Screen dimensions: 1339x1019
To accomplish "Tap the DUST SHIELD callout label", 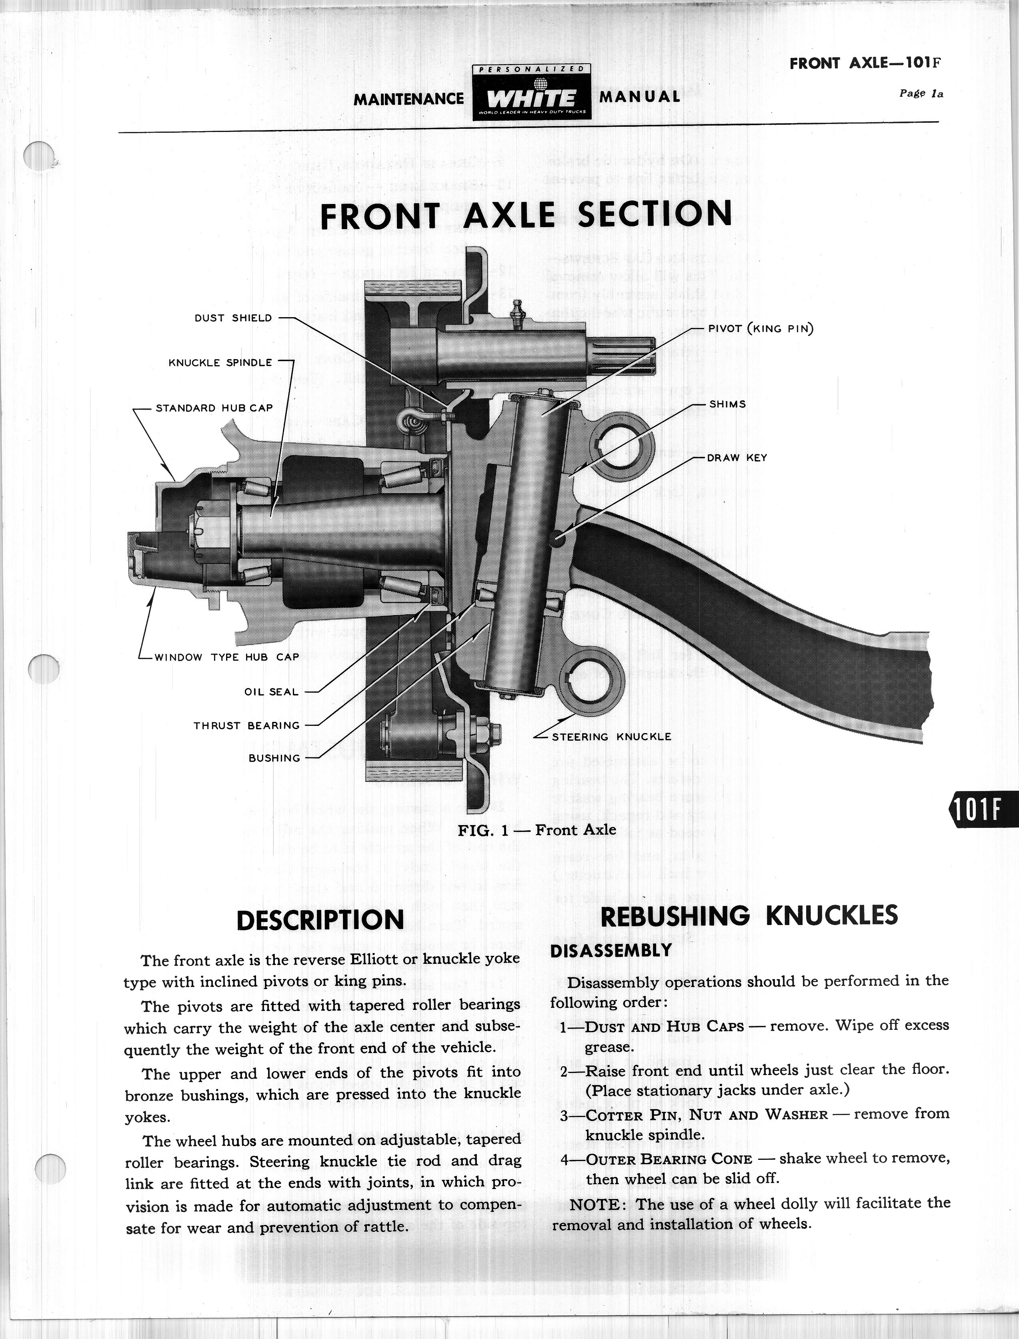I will point(233,318).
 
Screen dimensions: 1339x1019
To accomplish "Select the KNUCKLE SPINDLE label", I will point(220,363).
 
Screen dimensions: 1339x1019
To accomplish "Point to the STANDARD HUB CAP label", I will point(214,408).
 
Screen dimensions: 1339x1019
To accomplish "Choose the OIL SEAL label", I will point(271,692).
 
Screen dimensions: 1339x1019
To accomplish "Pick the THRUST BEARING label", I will point(246,725).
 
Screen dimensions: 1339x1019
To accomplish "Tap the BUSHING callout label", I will point(274,758).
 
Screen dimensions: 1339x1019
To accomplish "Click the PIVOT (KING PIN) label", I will point(761,329).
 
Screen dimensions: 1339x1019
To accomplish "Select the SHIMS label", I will point(727,404).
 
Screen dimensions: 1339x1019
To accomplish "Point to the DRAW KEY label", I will point(737,458).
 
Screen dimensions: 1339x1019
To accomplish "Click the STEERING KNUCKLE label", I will point(611,737).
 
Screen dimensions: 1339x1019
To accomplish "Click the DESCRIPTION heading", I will point(320,920).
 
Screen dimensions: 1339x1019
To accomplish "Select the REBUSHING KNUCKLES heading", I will point(749,916).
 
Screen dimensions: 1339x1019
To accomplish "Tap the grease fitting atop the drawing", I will point(517,313).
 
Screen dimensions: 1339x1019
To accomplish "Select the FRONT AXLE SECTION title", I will point(526,215).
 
